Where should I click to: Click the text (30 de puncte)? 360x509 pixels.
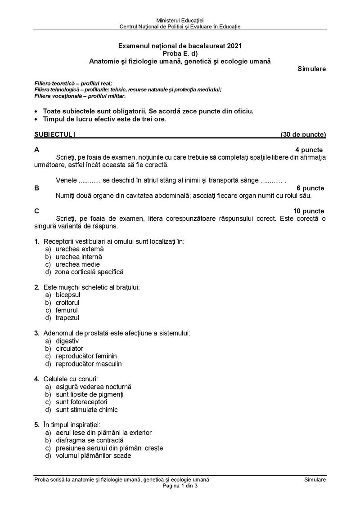tap(303, 134)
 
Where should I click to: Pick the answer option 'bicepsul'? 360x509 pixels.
tap(68, 295)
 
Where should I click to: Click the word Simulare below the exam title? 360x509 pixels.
tap(311, 69)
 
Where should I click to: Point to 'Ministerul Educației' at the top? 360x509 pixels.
tap(180, 21)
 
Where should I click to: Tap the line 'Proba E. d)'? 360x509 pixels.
tap(180, 53)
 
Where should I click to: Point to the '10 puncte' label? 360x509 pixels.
tap(308, 211)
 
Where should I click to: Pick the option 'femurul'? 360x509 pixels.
tap(67, 310)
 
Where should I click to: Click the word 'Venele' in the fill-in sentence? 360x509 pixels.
tap(66, 180)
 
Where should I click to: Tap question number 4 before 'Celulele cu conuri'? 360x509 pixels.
tap(36, 379)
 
